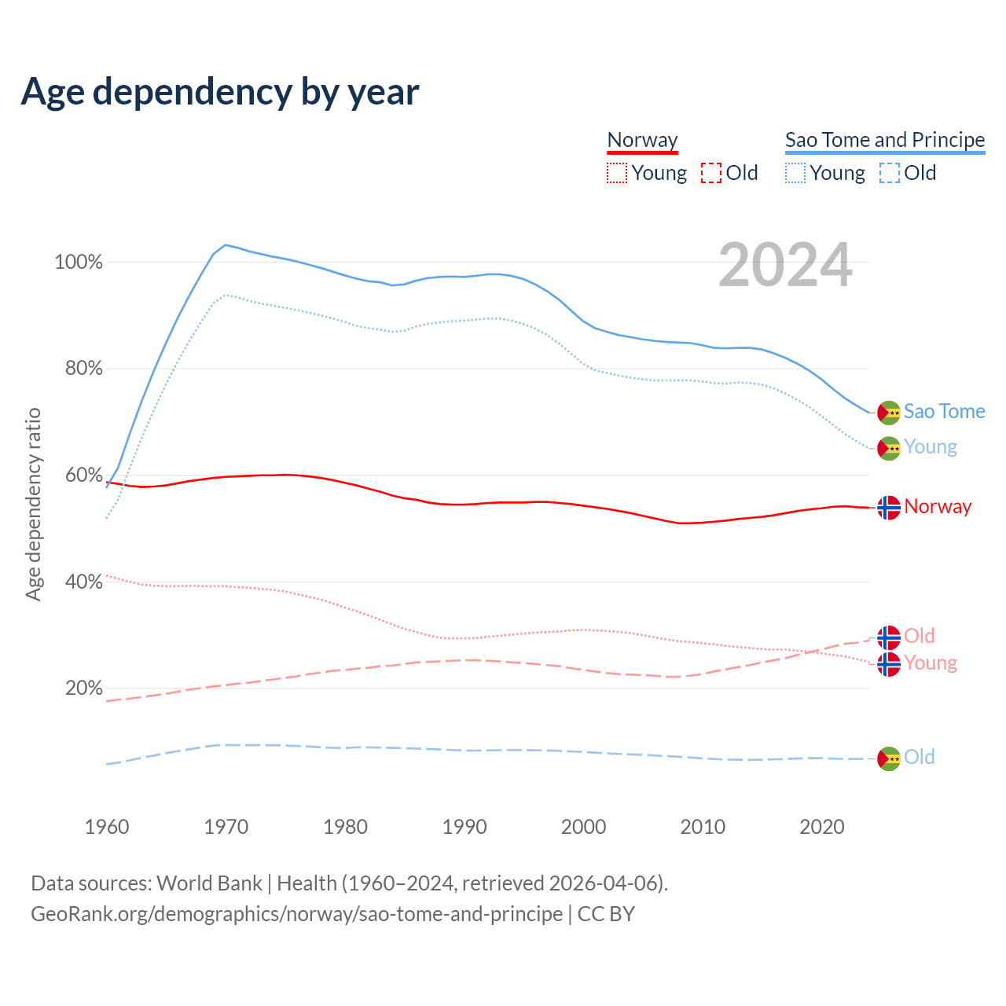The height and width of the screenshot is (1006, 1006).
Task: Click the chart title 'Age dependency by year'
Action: click(220, 92)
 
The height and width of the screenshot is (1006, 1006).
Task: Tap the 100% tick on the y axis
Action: click(79, 263)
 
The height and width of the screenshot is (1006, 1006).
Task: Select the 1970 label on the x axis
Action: click(226, 827)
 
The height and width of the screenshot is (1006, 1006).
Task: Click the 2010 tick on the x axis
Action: click(703, 827)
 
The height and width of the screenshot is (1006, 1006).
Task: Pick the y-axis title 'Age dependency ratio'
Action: click(33, 504)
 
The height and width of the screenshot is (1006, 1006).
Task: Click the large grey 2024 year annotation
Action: click(785, 266)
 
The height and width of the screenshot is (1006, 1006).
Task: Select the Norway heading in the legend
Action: click(642, 140)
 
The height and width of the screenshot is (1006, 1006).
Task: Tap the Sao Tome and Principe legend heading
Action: click(885, 140)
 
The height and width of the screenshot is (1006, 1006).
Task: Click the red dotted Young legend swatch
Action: click(617, 173)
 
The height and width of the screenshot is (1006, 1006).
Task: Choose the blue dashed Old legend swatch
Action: click(890, 173)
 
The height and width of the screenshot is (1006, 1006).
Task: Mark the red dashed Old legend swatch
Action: click(711, 173)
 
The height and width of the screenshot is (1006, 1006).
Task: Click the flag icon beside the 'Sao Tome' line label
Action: click(889, 413)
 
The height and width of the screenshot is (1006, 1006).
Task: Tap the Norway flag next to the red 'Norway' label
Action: click(889, 508)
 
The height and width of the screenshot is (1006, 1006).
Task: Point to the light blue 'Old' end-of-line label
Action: click(919, 757)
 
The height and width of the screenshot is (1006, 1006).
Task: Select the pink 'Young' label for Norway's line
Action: click(931, 663)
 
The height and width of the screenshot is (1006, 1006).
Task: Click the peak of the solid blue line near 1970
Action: click(226, 245)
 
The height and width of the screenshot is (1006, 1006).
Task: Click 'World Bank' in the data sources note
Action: click(209, 883)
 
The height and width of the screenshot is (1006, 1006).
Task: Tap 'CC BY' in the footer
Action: click(606, 914)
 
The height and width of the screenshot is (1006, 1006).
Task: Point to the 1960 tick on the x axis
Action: click(107, 827)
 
